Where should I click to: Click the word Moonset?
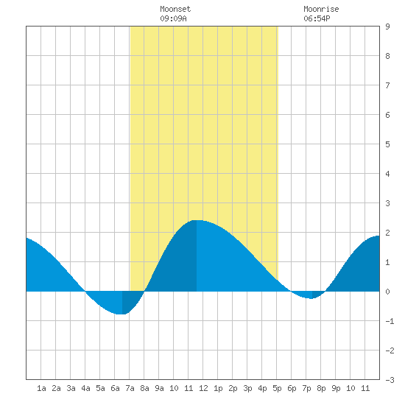[175, 9]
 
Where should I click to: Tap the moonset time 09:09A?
[173, 18]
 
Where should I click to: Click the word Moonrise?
[321, 9]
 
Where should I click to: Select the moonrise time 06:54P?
[317, 18]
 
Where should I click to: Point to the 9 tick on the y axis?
[387, 27]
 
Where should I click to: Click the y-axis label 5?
[387, 144]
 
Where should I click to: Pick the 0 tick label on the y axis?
[387, 292]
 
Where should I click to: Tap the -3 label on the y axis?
[390, 380]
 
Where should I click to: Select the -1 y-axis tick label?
[390, 321]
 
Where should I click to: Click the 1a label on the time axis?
[41, 388]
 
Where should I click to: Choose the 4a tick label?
[85, 388]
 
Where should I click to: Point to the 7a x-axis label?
[130, 388]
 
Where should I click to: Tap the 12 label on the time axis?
[203, 388]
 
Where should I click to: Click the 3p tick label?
[247, 388]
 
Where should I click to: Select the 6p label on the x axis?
[292, 388]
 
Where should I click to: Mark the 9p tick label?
[336, 388]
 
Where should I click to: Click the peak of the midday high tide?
[197, 220]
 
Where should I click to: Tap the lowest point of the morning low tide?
[122, 314]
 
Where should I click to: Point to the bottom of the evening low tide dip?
[312, 298]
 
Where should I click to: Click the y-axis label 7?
[387, 85]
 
